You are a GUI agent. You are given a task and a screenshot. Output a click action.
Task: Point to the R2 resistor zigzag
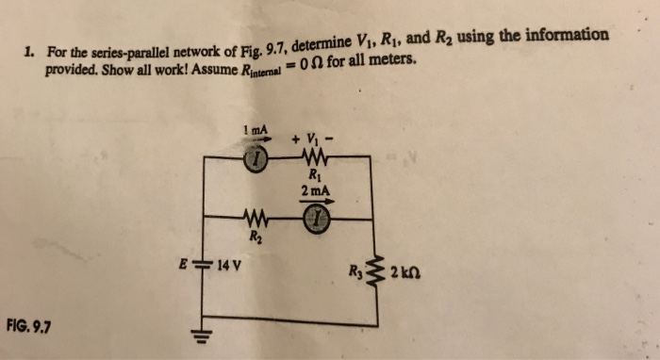point(256,221)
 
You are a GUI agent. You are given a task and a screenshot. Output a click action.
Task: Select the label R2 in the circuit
point(255,237)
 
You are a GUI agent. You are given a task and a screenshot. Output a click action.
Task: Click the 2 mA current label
point(314,191)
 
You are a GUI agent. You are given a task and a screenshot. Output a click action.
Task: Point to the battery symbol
point(205,264)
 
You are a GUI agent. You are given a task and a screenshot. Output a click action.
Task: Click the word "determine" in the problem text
point(322,43)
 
